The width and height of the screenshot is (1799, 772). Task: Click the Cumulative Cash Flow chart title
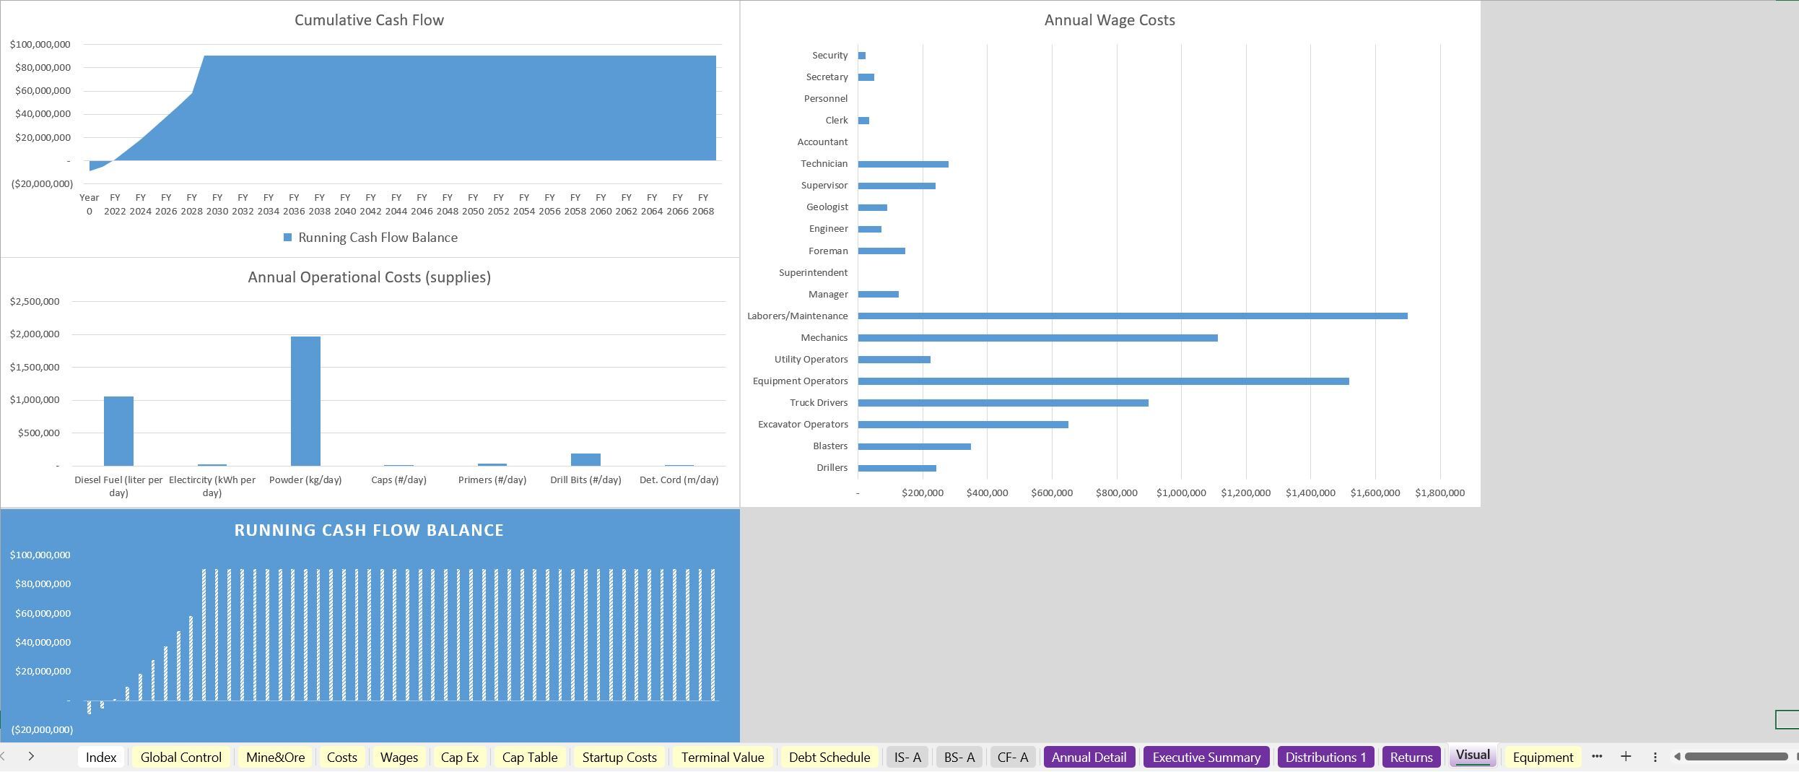pos(369,20)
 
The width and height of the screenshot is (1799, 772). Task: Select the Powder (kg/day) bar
pos(305,401)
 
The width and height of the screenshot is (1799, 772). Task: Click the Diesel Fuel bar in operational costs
pos(118,431)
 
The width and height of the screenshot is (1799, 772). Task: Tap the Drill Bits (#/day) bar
pos(585,459)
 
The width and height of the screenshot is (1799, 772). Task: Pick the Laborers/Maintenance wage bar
pos(1132,316)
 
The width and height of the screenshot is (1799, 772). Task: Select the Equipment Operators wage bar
pos(1103,381)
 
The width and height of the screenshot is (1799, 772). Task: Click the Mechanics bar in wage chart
pos(1037,338)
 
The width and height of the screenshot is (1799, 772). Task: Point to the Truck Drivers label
pos(818,403)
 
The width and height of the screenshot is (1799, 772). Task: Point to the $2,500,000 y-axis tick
pos(35,301)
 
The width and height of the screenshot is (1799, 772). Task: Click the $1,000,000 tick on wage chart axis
pos(1180,493)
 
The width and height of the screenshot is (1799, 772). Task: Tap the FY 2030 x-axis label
pos(217,204)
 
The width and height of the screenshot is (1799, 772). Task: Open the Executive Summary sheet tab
pos(1206,757)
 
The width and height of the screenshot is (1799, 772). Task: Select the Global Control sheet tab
pos(180,757)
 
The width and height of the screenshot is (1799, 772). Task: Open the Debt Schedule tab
pos(829,757)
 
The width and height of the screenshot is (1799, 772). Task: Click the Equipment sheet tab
pos(1542,757)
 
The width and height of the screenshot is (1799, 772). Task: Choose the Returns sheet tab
pos(1411,757)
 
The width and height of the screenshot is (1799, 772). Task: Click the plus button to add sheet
pos(1626,756)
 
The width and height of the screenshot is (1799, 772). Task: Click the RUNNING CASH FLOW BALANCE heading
pos(369,530)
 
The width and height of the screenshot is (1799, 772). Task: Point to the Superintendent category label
pos(813,273)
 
